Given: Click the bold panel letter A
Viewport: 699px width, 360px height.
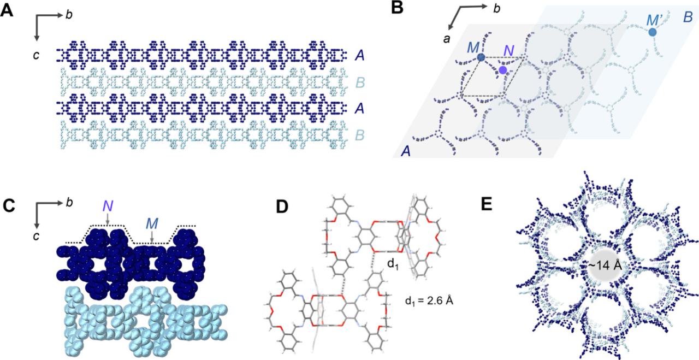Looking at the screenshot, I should (7, 11).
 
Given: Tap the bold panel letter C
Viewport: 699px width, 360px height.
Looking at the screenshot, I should (7, 206).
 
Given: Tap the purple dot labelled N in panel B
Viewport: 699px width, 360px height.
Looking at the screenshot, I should (502, 70).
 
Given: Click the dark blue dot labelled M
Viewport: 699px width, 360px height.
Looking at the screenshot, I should (481, 57).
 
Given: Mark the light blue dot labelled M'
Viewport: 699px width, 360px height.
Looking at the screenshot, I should (653, 32).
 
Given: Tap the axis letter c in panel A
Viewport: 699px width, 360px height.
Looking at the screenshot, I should (36, 55).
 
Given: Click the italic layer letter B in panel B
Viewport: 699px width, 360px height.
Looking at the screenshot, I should (687, 17).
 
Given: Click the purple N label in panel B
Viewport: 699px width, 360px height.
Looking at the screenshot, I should (509, 52).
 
